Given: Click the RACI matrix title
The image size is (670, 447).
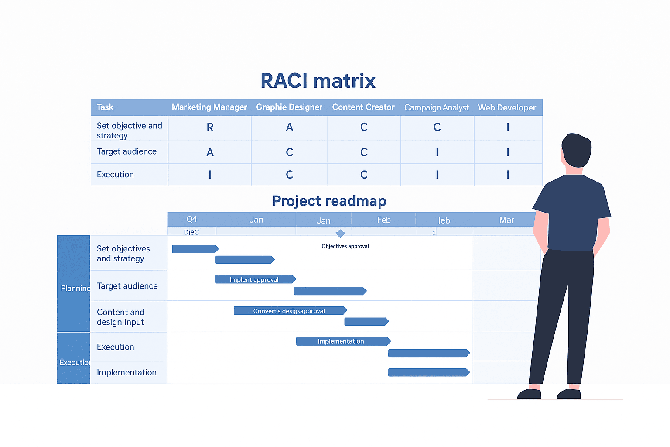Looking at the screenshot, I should point(318,81).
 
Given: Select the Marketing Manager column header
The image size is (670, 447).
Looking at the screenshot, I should point(209,107).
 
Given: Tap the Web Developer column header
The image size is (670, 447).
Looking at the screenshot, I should point(507,108).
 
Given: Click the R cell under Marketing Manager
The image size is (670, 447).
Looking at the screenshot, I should point(210,127).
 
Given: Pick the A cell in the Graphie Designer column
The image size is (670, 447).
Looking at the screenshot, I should point(289,127).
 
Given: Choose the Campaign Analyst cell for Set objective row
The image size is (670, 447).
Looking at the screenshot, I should point(437,127).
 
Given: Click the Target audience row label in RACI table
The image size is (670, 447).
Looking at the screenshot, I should point(126,152).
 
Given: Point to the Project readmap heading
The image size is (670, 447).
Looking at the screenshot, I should point(329,201).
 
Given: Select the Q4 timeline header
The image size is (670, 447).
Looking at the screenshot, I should point(191,220).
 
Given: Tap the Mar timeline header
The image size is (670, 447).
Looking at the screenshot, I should point(506,220).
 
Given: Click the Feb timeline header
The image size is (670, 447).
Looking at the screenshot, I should point(383,220).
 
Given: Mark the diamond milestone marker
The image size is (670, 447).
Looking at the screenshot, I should point(340,234).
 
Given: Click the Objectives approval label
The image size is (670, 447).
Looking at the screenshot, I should point(345,246).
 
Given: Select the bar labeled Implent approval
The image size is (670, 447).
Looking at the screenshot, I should point(255,279).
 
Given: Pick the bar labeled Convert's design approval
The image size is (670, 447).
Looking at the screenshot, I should point(290,311).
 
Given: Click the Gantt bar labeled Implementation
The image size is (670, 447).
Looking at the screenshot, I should point(342,341).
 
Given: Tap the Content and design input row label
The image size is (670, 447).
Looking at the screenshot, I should point(121,317).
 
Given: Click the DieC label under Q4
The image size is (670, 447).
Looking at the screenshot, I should point(191,232).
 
